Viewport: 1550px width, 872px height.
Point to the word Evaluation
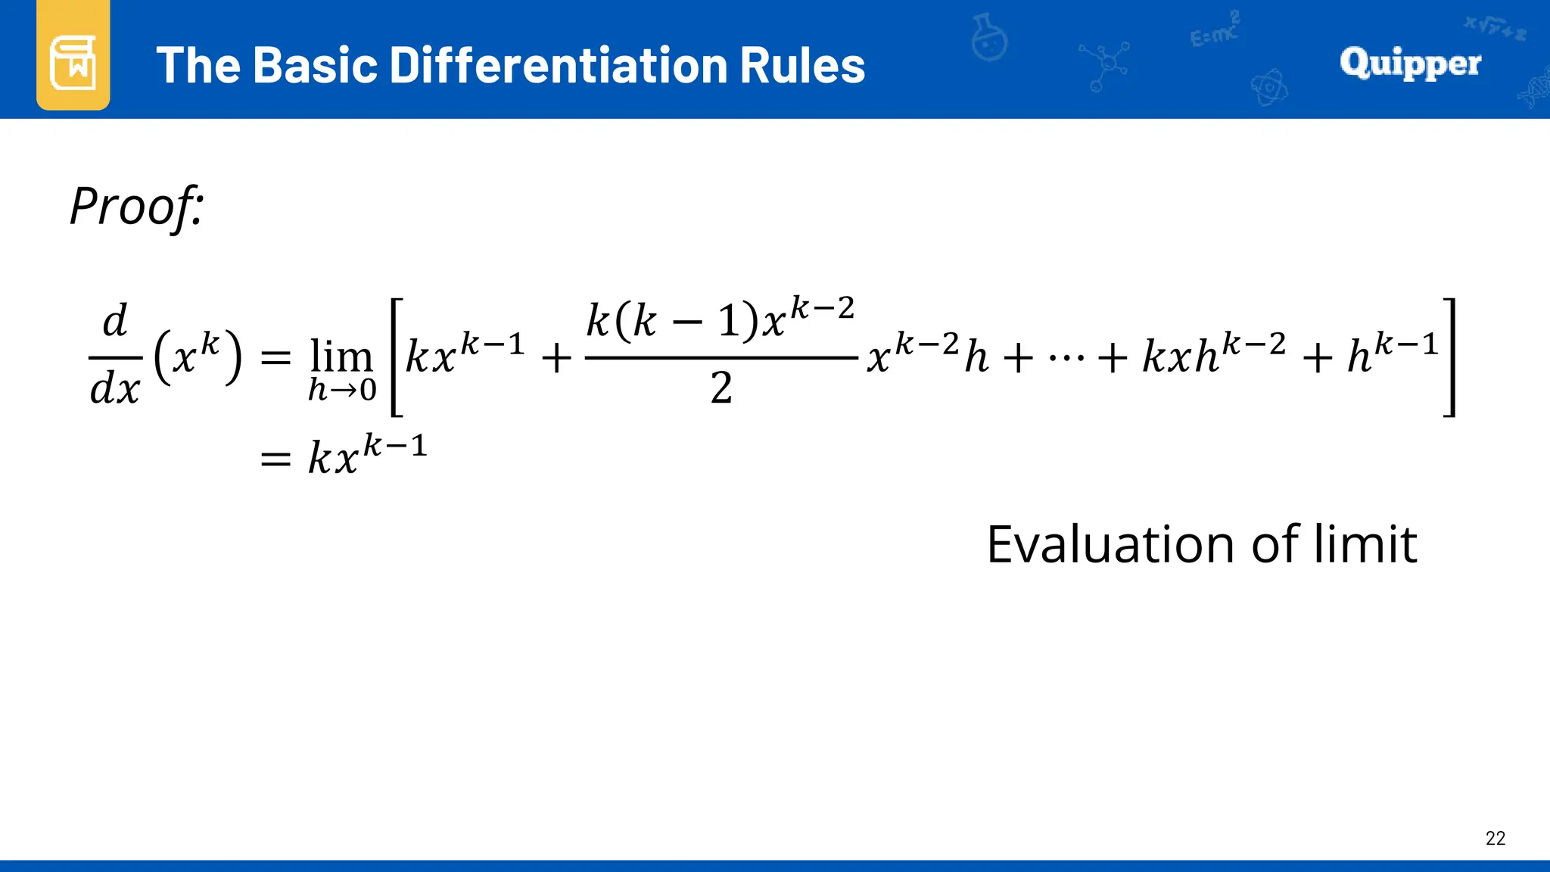[x=1113, y=544]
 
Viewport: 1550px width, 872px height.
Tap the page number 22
[x=1496, y=838]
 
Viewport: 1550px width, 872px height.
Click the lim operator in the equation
[x=341, y=356]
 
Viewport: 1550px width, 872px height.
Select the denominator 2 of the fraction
[x=721, y=388]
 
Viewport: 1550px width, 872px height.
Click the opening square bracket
[x=396, y=357]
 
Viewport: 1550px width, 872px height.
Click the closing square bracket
[x=1449, y=357]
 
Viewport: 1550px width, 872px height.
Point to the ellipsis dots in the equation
[x=1066, y=356]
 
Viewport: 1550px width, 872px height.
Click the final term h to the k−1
[x=1393, y=353]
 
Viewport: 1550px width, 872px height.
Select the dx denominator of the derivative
[x=115, y=389]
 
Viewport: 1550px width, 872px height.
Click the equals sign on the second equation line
[x=275, y=459]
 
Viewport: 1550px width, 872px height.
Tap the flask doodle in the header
[x=989, y=38]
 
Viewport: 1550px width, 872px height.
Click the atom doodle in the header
[x=1269, y=88]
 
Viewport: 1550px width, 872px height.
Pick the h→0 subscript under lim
[x=342, y=390]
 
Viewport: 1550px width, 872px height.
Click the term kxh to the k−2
[x=1214, y=353]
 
